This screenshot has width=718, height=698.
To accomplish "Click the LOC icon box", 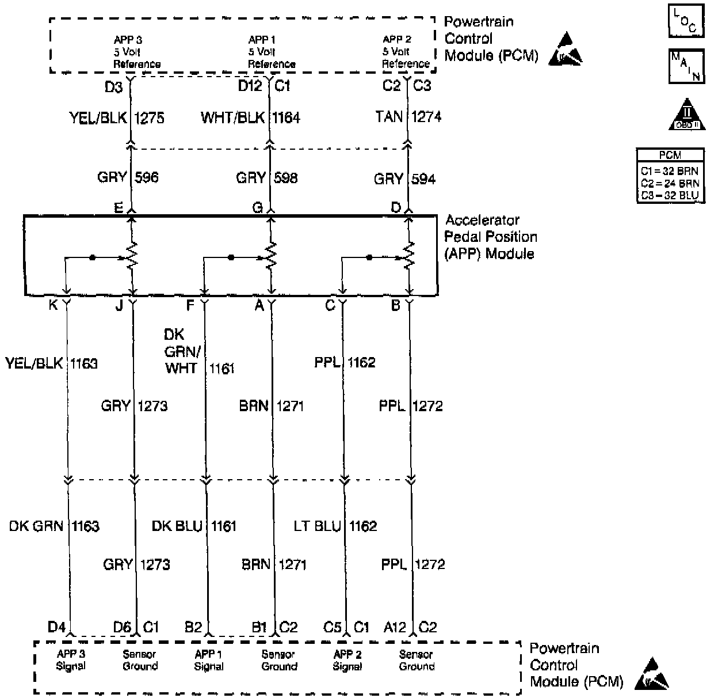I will pyautogui.click(x=686, y=22).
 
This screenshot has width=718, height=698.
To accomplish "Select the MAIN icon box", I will pyautogui.click(x=686, y=66).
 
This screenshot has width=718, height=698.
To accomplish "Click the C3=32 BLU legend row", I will pyautogui.click(x=670, y=196).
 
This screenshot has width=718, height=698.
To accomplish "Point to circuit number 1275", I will pyautogui.click(x=150, y=118).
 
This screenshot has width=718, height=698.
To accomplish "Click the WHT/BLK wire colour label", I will pyautogui.click(x=232, y=118).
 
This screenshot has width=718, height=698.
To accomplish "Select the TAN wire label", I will pyautogui.click(x=389, y=117).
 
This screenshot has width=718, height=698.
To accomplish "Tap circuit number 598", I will pyautogui.click(x=286, y=178).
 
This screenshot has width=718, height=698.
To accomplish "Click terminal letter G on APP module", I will pyautogui.click(x=258, y=208).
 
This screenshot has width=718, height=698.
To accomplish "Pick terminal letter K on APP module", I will pyautogui.click(x=53, y=305).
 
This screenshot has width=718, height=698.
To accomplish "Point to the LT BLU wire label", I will pyautogui.click(x=317, y=526).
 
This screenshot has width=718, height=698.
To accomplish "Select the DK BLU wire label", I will pyautogui.click(x=177, y=526).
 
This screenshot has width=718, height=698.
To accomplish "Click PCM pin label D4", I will pyautogui.click(x=56, y=627).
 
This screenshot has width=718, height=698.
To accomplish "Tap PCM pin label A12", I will pyautogui.click(x=395, y=627).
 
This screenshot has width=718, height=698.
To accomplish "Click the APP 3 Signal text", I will pyautogui.click(x=71, y=660).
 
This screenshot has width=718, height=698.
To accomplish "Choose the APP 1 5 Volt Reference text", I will pyautogui.click(x=271, y=52).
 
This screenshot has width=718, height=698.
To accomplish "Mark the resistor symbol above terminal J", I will pyautogui.click(x=132, y=256).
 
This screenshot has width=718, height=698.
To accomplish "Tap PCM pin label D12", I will pyautogui.click(x=250, y=86).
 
